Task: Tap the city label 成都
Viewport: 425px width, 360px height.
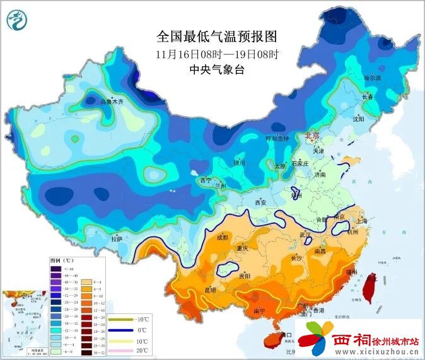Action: coord(223,238)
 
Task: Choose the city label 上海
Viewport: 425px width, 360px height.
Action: coord(361,221)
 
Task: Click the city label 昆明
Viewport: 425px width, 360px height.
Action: coord(209,290)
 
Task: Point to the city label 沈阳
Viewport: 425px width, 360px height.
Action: coord(359,118)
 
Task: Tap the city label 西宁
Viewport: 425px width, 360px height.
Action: coord(205,180)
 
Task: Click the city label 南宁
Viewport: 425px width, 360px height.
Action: coord(259,311)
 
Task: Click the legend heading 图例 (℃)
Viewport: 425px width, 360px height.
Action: coord(62,260)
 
